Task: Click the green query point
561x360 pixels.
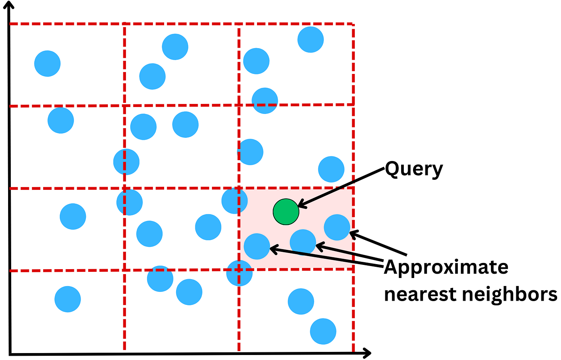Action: click(x=286, y=212)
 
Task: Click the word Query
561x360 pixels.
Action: click(x=414, y=169)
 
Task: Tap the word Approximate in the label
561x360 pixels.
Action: click(x=446, y=267)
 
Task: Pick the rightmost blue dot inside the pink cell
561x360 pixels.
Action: click(x=337, y=228)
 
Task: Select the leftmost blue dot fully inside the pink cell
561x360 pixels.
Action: click(x=257, y=246)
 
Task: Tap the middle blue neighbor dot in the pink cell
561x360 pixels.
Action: click(x=303, y=242)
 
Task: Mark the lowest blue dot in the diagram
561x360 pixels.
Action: click(x=323, y=332)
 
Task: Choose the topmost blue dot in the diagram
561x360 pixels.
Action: click(x=311, y=40)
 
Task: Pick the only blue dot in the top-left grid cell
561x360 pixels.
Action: click(x=47, y=64)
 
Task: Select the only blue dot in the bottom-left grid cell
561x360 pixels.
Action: click(x=68, y=299)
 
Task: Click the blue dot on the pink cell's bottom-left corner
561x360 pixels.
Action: click(x=239, y=273)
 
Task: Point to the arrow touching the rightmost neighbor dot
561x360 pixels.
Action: click(x=378, y=243)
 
